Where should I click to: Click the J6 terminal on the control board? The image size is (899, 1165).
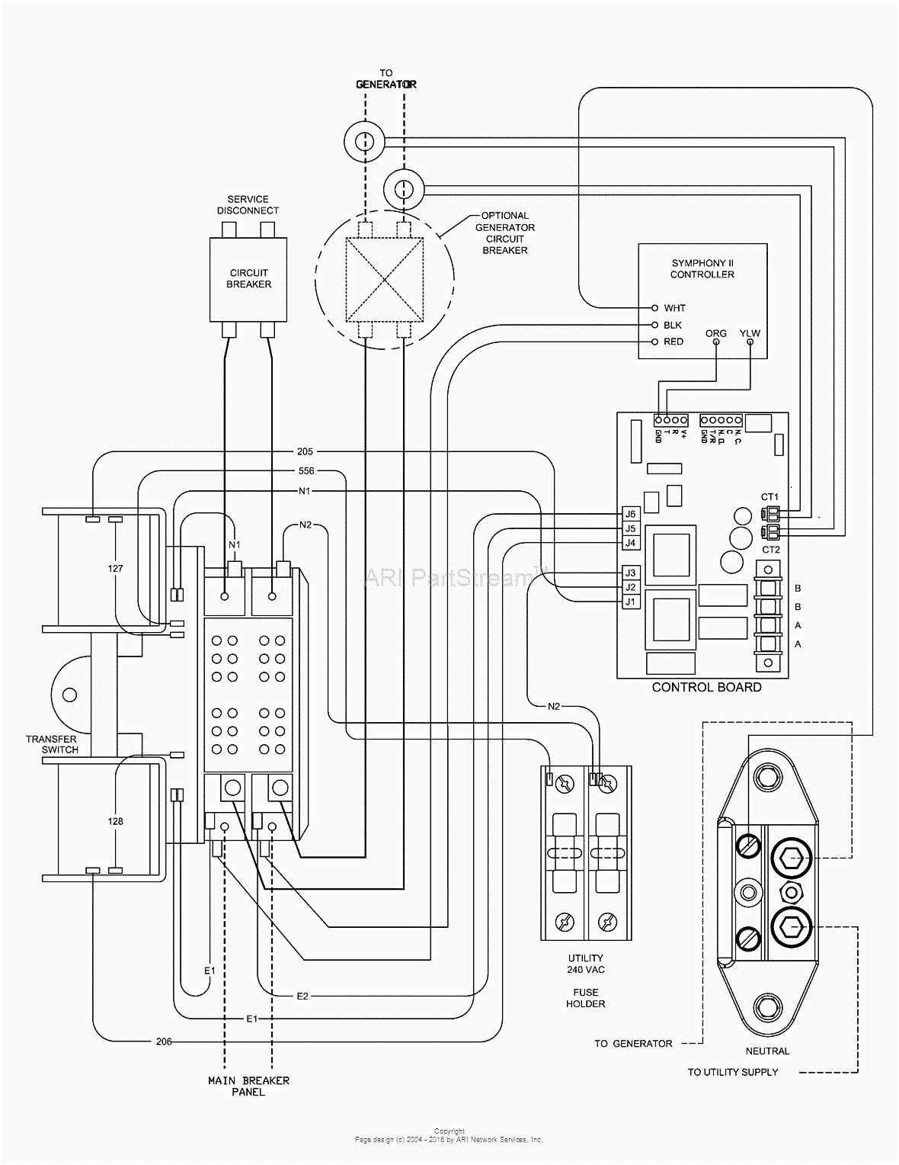[629, 514]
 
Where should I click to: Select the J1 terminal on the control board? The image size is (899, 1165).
[629, 602]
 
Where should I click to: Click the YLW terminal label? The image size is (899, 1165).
[750, 333]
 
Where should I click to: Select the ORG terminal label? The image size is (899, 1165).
[716, 333]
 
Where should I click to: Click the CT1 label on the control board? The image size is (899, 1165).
[770, 497]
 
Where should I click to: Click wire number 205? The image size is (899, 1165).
[304, 451]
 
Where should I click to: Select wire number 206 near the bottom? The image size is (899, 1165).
[164, 1041]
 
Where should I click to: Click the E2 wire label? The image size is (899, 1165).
[302, 996]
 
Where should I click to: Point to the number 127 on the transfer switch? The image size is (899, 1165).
[115, 569]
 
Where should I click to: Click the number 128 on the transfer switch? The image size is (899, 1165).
[115, 821]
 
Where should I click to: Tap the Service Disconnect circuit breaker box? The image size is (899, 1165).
[248, 278]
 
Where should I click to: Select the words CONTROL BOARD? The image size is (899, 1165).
[706, 687]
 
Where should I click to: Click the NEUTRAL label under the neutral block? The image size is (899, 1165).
[767, 1051]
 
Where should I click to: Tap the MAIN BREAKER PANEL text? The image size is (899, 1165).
[248, 1086]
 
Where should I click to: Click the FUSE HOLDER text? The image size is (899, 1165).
[586, 997]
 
